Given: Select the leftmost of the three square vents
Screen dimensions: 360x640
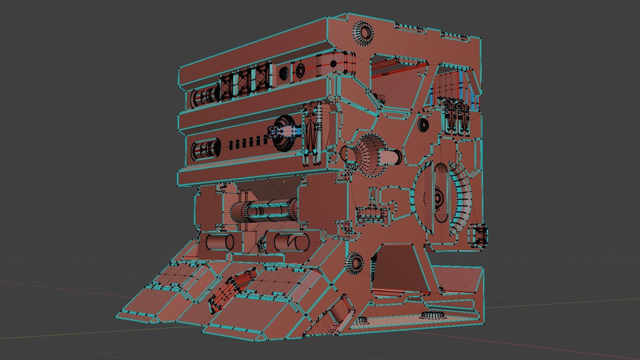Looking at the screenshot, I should tap(228, 86).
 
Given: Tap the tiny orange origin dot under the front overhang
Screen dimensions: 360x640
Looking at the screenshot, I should tap(284, 182).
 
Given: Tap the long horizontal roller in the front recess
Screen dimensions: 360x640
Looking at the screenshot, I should tap(265, 211).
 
